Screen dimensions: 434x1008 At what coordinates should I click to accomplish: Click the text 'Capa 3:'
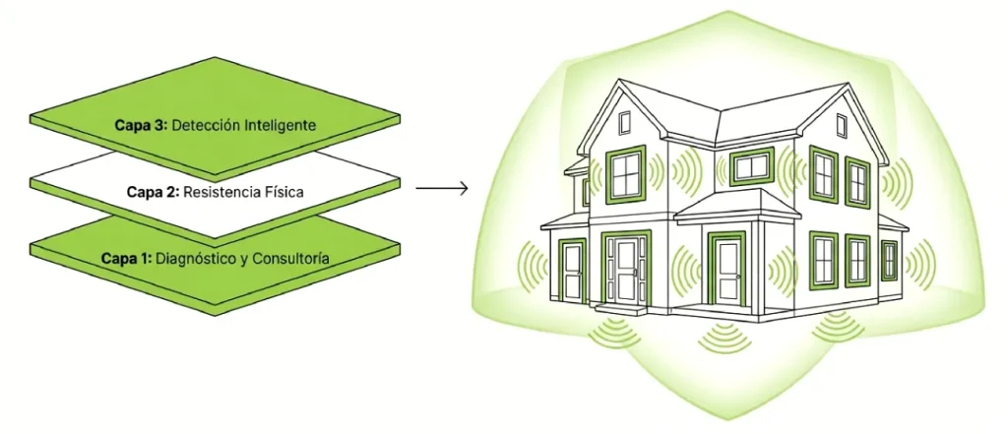pos(138,125)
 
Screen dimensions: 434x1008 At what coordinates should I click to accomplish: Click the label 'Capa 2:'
pos(153,192)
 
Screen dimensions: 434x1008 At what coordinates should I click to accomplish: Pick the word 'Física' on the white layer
pos(288,192)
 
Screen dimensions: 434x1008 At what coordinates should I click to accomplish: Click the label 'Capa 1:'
pos(126,259)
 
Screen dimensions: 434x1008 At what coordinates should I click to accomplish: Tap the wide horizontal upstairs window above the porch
pos(751,167)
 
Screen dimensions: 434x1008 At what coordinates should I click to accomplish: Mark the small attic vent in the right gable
pos(842,123)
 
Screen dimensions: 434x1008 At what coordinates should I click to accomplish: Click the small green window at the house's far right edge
pos(889,260)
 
